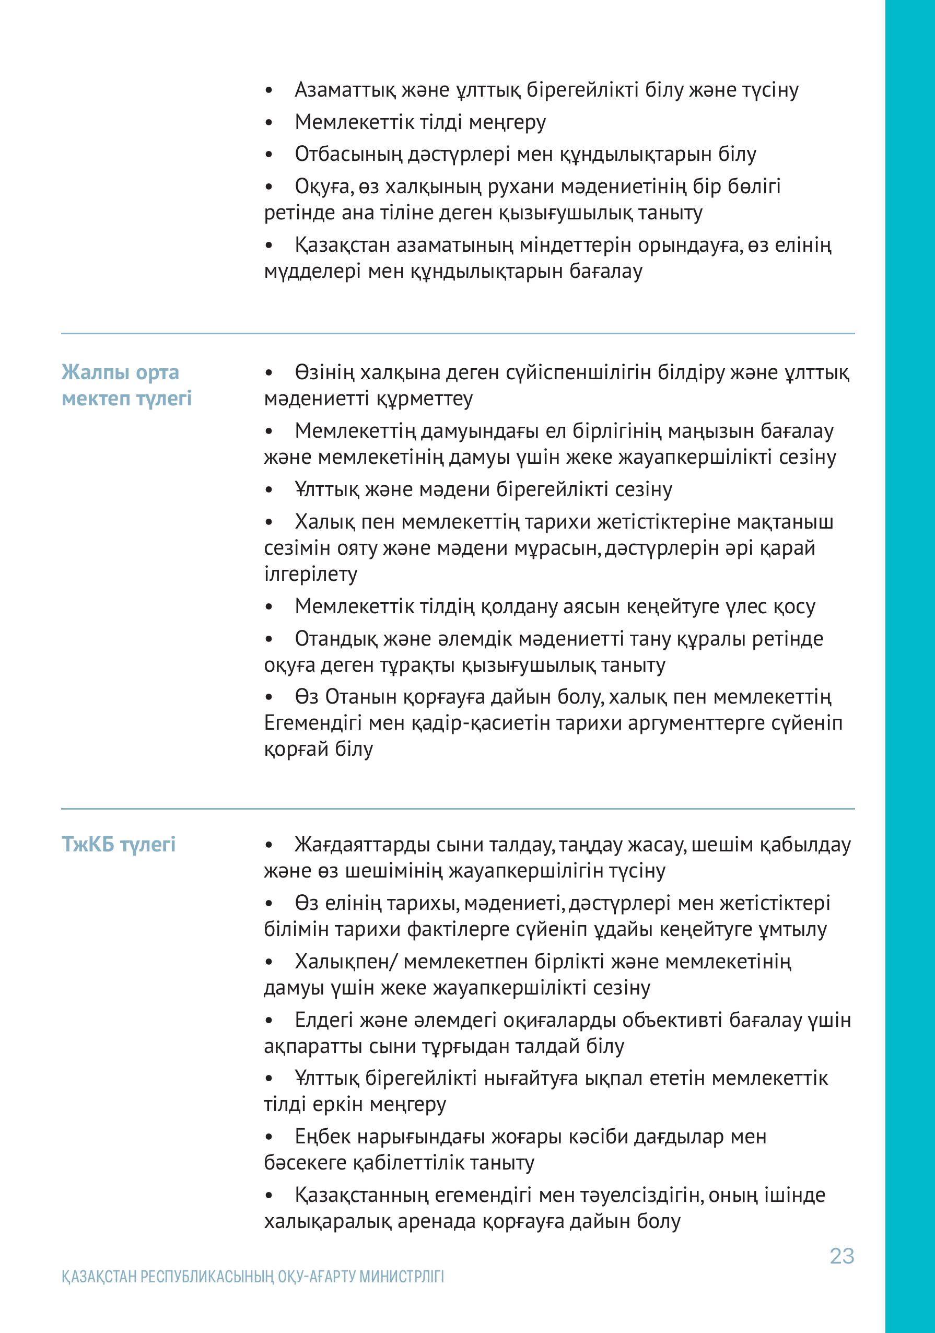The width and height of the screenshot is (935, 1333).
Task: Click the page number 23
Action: coord(841,1256)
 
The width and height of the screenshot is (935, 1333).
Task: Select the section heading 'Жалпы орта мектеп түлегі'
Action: coord(126,385)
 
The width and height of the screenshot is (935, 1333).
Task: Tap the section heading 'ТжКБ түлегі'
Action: coord(119,844)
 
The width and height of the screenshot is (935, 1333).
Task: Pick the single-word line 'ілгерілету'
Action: coord(311,574)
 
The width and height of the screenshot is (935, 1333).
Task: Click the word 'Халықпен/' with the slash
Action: coord(346,962)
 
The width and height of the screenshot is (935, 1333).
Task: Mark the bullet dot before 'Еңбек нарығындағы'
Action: coord(268,1137)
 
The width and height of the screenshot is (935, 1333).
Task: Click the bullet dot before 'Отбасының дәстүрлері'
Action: coord(268,155)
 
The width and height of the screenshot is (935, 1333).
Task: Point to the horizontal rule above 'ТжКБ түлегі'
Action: coord(458,808)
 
